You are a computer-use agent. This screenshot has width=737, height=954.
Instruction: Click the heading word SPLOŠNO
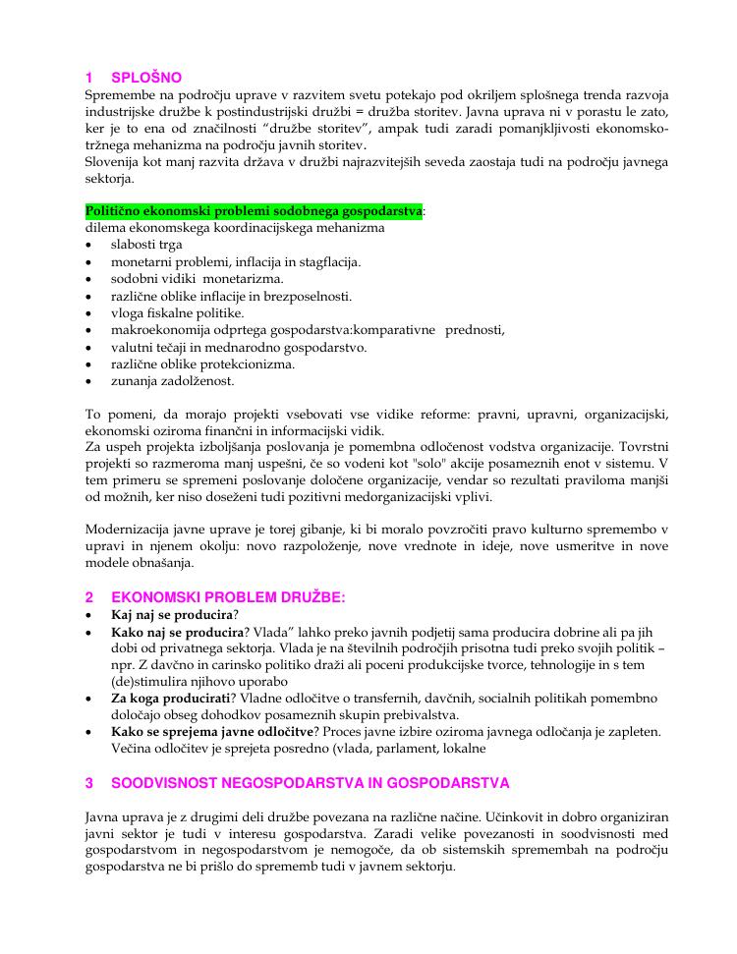tap(146, 78)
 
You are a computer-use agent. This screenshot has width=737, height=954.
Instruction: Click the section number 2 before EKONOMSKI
tap(89, 597)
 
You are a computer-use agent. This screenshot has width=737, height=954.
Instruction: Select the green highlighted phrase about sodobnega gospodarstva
tap(254, 211)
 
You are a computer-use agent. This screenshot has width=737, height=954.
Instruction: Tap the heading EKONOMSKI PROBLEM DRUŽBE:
tap(229, 597)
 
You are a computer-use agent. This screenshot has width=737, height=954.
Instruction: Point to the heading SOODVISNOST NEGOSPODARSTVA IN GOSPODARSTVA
tap(311, 783)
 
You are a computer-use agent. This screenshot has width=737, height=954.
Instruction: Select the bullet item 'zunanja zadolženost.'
tap(173, 380)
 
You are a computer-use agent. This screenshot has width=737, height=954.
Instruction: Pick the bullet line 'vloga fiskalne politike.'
tap(177, 312)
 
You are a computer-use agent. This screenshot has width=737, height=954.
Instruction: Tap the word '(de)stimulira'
tap(150, 681)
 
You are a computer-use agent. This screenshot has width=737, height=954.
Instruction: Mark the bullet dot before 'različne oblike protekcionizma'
tap(89, 364)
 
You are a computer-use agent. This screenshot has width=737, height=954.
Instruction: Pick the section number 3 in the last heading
tap(89, 783)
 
